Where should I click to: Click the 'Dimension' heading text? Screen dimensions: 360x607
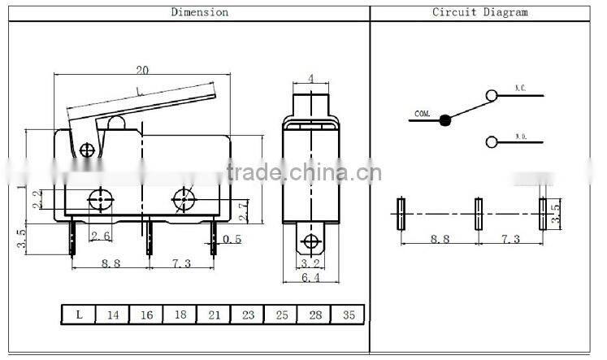(198, 12)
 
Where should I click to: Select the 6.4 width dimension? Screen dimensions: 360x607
(310, 278)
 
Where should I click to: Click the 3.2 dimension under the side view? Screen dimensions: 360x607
(310, 263)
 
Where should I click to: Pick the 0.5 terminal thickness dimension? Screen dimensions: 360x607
(232, 239)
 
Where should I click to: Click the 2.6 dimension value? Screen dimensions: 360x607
(100, 236)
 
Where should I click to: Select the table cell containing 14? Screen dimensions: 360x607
(112, 314)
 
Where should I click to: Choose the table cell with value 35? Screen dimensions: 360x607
(348, 314)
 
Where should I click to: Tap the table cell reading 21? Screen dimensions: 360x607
(213, 314)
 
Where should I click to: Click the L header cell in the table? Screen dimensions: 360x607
(79, 314)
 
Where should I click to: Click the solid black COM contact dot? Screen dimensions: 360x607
(444, 121)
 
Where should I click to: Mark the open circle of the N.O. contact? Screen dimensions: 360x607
(491, 142)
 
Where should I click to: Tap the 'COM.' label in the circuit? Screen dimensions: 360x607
(423, 114)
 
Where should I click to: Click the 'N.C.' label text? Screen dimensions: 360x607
(521, 88)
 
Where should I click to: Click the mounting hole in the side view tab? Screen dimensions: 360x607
(310, 241)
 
